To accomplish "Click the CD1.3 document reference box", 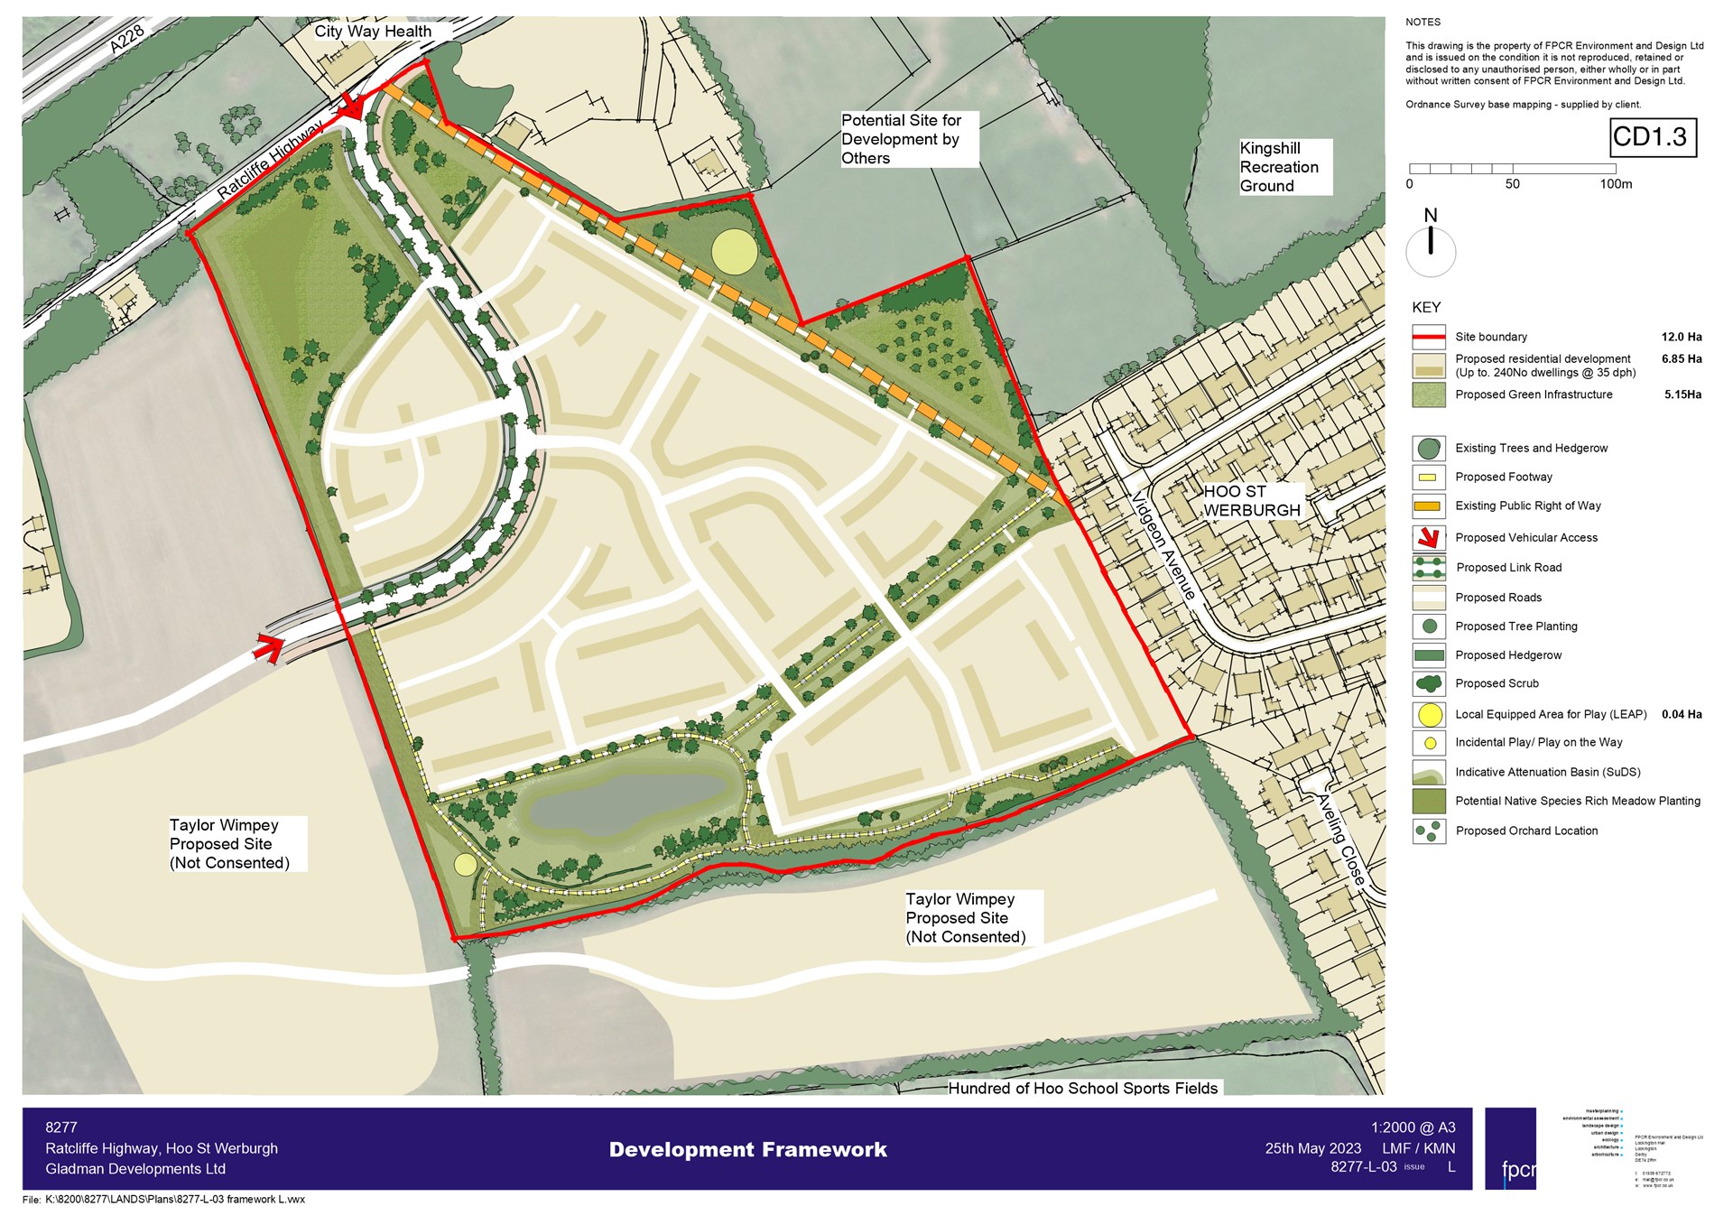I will (x=1654, y=137).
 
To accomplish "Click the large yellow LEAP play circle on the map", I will (x=734, y=252).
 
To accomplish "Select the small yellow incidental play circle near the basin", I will (x=465, y=865).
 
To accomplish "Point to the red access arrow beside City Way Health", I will (x=350, y=107).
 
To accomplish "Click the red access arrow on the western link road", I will (x=268, y=648).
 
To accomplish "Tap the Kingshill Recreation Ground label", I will (x=1279, y=167).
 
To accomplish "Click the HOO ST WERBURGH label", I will (x=1252, y=501).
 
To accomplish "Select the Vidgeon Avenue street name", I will (x=1164, y=546).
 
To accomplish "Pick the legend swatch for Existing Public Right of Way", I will (x=1428, y=506).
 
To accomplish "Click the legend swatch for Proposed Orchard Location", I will (x=1428, y=831).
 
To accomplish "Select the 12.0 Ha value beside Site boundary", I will (x=1681, y=337).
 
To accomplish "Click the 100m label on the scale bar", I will (x=1616, y=184).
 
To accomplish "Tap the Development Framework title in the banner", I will (x=747, y=1149).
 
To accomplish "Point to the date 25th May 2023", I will (x=1312, y=1148).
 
